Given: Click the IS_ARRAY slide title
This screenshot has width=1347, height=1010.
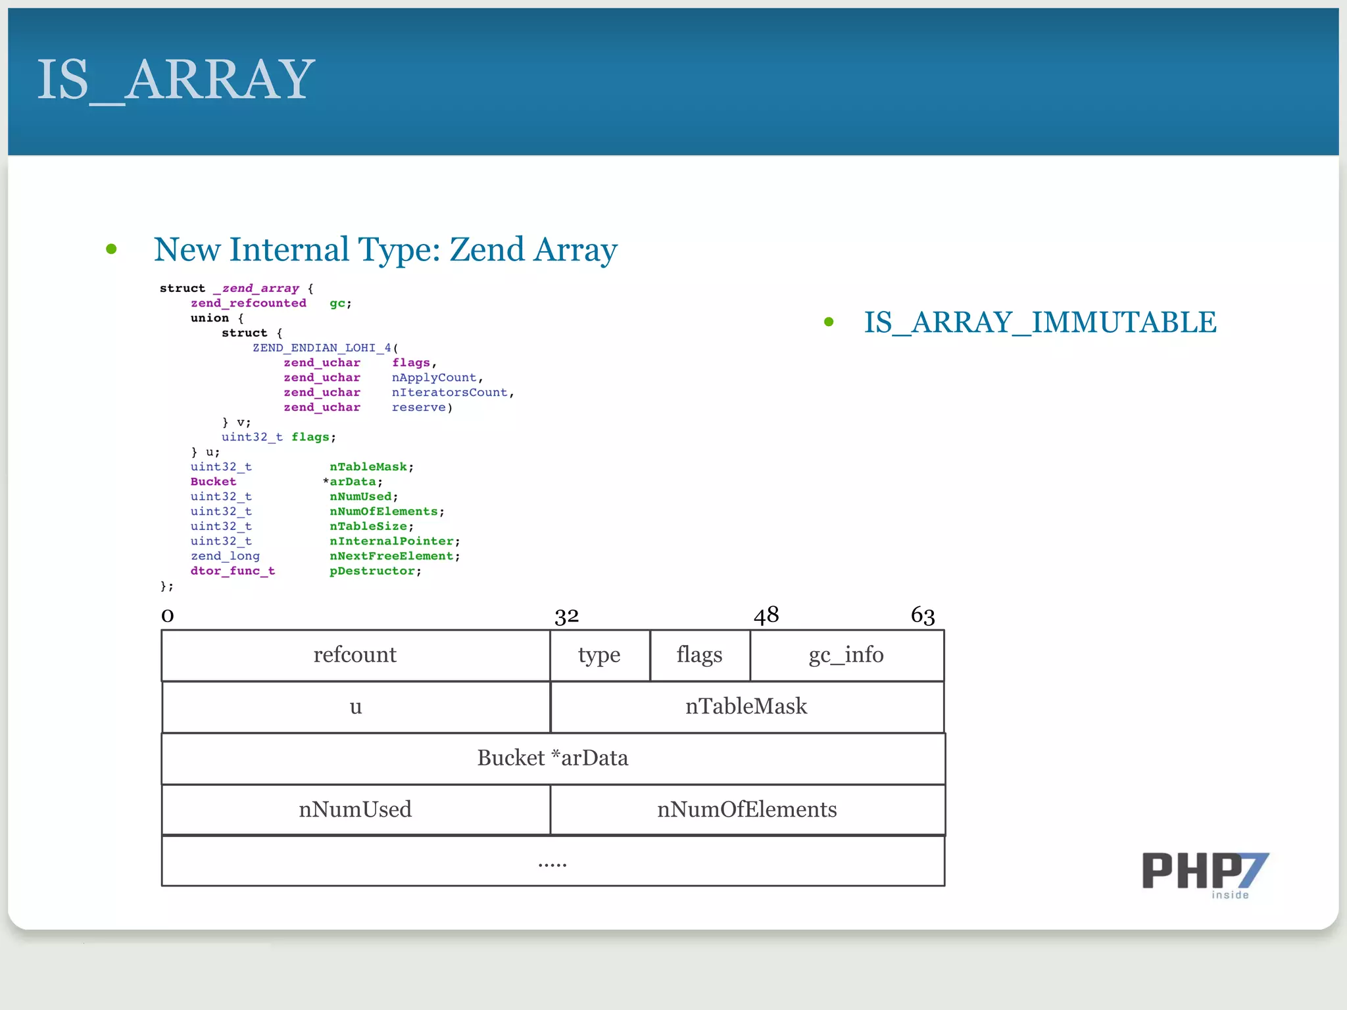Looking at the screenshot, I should coord(176,80).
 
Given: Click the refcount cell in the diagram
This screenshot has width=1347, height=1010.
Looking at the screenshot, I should coord(355,655).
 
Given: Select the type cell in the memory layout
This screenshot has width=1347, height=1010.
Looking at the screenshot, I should coord(599,655).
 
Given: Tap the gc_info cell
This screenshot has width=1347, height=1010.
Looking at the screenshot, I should coord(846,655).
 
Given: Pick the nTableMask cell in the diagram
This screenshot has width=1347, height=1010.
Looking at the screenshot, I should coord(746,706).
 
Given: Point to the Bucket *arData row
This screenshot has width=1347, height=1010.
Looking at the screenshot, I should coord(552,758).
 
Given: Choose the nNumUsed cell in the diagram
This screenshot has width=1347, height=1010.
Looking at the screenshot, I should coord(355,809).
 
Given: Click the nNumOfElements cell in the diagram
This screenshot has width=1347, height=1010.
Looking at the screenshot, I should coord(747,809).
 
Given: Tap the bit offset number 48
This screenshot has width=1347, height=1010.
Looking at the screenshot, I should coord(766,615).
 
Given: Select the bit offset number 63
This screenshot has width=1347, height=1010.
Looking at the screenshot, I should coord(923,615).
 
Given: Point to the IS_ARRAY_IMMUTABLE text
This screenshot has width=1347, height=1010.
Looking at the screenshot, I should coord(1040,322).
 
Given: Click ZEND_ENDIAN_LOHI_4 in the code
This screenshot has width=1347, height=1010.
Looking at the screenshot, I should coord(322,348).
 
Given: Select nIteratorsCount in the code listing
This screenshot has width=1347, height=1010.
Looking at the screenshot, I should coord(450,393).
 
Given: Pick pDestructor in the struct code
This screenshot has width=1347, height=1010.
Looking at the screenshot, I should coord(372,571).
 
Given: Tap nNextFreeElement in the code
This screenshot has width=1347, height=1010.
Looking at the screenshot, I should coord(391,556).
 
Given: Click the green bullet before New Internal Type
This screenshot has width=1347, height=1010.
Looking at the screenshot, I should coord(111,249).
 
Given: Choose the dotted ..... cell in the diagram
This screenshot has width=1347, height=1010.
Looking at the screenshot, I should coord(552,861).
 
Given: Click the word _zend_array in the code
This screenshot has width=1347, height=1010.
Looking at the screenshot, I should coord(257,288).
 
